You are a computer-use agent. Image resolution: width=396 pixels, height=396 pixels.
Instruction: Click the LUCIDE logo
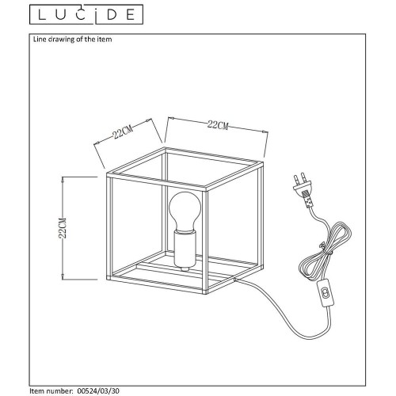[x=86, y=14]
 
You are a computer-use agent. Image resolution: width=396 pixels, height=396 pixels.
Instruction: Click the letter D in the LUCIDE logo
[x=112, y=15]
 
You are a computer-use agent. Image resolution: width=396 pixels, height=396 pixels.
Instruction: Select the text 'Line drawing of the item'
[x=72, y=40]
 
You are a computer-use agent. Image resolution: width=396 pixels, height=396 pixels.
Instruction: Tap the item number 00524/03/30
[x=99, y=390]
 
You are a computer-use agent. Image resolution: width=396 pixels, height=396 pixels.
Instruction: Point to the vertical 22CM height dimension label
[x=63, y=228]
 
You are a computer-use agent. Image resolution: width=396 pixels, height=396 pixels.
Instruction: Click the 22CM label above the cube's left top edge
[x=122, y=131]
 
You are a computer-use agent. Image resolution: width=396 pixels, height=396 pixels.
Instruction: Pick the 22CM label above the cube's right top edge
[x=218, y=125]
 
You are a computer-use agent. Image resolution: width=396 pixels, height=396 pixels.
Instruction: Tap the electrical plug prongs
[x=299, y=177]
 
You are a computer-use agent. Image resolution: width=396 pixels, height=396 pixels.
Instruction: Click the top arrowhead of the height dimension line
[x=63, y=179]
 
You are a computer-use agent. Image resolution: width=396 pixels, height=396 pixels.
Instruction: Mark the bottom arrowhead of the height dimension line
[x=63, y=276]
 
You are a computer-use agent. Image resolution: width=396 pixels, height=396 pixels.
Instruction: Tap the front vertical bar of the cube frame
[x=205, y=241]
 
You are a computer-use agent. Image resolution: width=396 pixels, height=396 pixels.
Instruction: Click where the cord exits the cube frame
[x=234, y=279]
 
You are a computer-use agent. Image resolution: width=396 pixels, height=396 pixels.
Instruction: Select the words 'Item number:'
[x=51, y=390]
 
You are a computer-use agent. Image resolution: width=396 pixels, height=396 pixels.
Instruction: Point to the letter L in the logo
[x=42, y=15]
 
